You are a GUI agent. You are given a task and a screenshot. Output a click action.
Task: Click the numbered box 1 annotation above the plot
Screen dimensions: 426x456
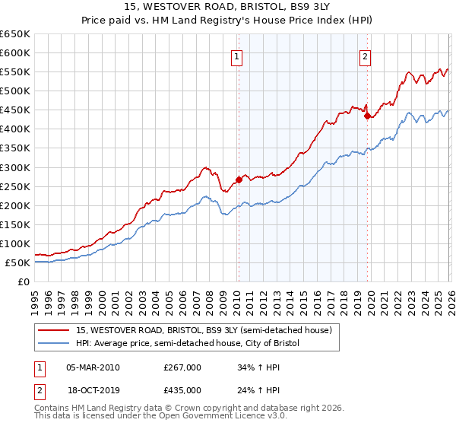tap(237, 56)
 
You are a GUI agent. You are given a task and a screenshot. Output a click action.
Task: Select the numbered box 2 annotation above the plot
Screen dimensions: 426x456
tap(366, 56)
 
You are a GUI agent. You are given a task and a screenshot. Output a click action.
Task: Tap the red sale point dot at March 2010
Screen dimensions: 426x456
tap(238, 180)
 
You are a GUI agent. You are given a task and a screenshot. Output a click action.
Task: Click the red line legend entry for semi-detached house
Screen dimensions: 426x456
tap(204, 331)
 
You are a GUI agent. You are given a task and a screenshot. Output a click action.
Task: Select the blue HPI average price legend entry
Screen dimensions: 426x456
tap(188, 344)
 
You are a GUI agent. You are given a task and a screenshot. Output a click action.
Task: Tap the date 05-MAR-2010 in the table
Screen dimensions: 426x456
tap(93, 367)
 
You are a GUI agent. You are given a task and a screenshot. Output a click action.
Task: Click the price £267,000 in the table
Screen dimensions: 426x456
tap(182, 367)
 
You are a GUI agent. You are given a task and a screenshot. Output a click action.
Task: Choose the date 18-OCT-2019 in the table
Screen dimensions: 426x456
tap(93, 390)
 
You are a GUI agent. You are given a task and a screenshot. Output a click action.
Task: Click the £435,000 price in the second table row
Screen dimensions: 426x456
tap(182, 390)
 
